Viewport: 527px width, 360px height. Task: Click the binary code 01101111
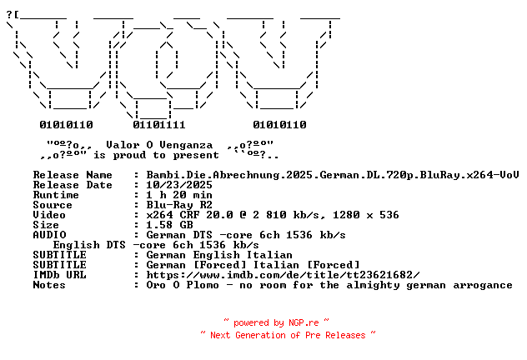click(x=159, y=125)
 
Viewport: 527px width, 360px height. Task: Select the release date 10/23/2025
click(x=179, y=185)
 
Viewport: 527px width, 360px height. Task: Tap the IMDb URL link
click(x=283, y=275)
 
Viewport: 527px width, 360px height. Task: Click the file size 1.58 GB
click(x=169, y=225)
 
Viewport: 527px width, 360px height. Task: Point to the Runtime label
click(x=56, y=195)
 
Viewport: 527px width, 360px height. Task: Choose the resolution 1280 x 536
click(x=366, y=215)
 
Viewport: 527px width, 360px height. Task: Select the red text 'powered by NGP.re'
click(x=276, y=322)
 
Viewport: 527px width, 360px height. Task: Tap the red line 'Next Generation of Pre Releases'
click(x=288, y=335)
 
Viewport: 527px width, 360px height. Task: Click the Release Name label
click(x=73, y=175)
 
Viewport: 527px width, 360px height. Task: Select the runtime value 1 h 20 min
click(x=179, y=195)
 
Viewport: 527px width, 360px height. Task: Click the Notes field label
click(x=49, y=285)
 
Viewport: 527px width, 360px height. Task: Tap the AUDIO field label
click(x=49, y=235)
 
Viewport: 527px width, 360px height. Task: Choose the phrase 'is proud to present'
click(x=156, y=155)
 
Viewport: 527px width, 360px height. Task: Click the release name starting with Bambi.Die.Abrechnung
click(x=333, y=175)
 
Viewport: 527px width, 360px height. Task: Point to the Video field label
click(x=49, y=215)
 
